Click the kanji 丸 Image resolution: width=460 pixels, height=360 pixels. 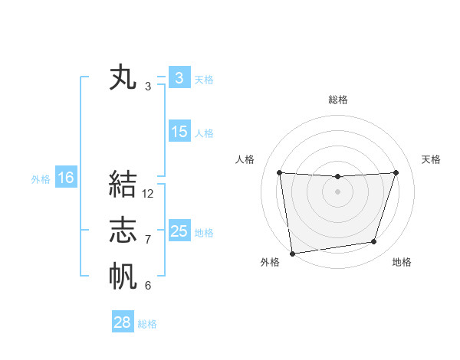123,79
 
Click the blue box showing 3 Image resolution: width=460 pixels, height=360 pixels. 179,78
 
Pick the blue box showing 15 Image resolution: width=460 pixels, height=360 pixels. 179,132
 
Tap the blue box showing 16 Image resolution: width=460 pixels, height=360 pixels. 66,178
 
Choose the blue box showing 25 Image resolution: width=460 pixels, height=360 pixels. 179,231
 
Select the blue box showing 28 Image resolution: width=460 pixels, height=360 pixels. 123,322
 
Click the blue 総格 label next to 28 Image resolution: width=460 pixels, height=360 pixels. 147,324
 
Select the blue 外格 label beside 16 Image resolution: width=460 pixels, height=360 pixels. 41,179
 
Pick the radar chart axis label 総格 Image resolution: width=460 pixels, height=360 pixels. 337,100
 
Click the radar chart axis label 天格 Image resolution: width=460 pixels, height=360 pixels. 431,159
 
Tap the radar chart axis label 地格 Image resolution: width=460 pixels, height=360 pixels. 402,262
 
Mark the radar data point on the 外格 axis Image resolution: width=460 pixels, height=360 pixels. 292,253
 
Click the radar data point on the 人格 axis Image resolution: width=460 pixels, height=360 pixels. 279,172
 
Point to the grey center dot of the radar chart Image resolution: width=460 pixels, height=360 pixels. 337,191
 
